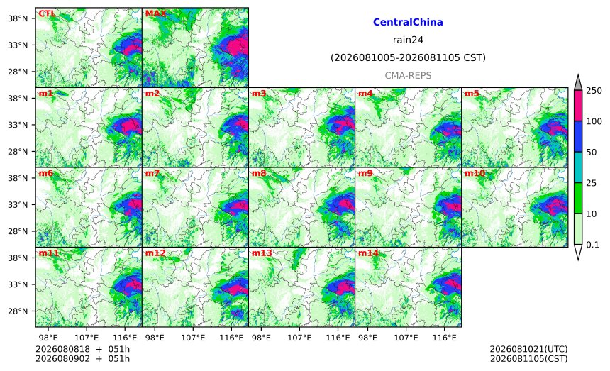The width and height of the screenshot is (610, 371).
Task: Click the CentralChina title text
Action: coord(408,22)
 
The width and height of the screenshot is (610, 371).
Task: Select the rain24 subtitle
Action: coord(408,40)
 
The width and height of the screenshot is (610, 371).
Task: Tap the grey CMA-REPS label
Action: coord(408,75)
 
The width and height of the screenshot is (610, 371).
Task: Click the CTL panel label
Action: coord(47,13)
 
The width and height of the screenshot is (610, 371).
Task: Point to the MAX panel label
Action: coord(155,13)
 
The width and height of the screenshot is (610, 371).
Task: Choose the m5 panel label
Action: coord(472,94)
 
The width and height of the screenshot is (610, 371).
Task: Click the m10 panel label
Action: coord(475,173)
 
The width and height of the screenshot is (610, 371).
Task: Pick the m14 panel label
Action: coord(368,253)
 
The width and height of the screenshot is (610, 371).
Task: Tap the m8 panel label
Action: coord(259,173)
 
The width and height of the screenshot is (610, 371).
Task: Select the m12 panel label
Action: coord(155,253)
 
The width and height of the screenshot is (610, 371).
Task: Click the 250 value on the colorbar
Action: coord(594,91)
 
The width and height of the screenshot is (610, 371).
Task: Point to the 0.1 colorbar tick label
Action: coord(592,245)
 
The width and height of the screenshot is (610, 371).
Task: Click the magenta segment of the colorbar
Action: coord(578,106)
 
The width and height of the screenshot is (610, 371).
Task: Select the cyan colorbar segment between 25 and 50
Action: coord(578,167)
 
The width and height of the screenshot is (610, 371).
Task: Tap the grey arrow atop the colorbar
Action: coord(578,82)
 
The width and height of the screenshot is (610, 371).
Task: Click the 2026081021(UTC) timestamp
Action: coord(528,349)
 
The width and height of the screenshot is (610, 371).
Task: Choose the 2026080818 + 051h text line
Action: coord(82,349)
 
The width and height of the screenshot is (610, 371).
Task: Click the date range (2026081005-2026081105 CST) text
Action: coord(408,57)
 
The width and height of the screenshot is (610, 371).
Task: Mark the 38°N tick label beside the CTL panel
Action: coord(18,18)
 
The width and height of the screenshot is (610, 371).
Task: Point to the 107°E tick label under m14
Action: coord(406,338)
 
